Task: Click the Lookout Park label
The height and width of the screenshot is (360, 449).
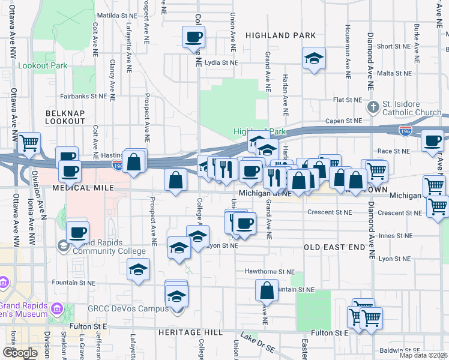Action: (43, 65)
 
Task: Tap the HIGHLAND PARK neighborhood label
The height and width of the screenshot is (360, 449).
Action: (281, 35)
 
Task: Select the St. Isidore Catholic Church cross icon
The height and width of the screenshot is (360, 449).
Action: (373, 107)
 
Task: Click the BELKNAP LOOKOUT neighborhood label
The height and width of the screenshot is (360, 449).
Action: (65, 117)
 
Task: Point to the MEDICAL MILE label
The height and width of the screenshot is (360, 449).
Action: (83, 188)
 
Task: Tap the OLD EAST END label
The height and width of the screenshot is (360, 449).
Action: (334, 247)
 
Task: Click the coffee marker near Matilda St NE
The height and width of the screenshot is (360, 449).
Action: (193, 37)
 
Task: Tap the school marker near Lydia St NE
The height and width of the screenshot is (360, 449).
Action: (314, 59)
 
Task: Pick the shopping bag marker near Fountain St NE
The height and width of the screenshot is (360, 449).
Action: (267, 290)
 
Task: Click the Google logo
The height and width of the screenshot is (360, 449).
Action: (20, 352)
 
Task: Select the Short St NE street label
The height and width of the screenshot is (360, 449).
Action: (393, 46)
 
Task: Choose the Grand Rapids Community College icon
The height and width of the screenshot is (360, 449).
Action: (63, 245)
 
